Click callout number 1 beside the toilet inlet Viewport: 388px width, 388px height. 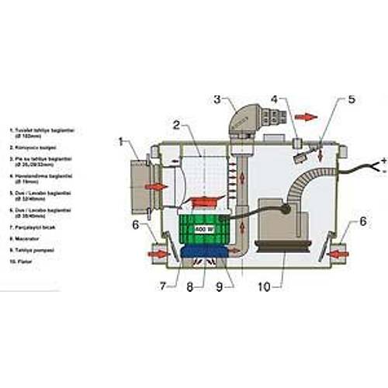[122, 141]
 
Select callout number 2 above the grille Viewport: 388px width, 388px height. [177, 123]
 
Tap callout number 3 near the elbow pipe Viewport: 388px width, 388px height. [217, 99]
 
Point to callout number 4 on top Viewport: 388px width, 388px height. [273, 100]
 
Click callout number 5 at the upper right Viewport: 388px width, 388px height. [352, 99]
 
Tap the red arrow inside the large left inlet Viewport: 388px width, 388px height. [155, 187]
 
